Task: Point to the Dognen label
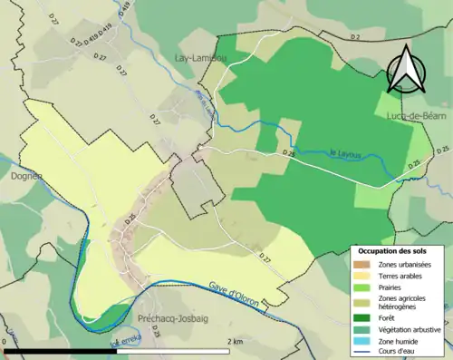pyautogui.click(x=17, y=176)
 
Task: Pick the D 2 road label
pyautogui.click(x=355, y=35)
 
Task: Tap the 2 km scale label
pyautogui.click(x=234, y=342)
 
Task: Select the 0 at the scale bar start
pyautogui.click(x=5, y=342)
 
